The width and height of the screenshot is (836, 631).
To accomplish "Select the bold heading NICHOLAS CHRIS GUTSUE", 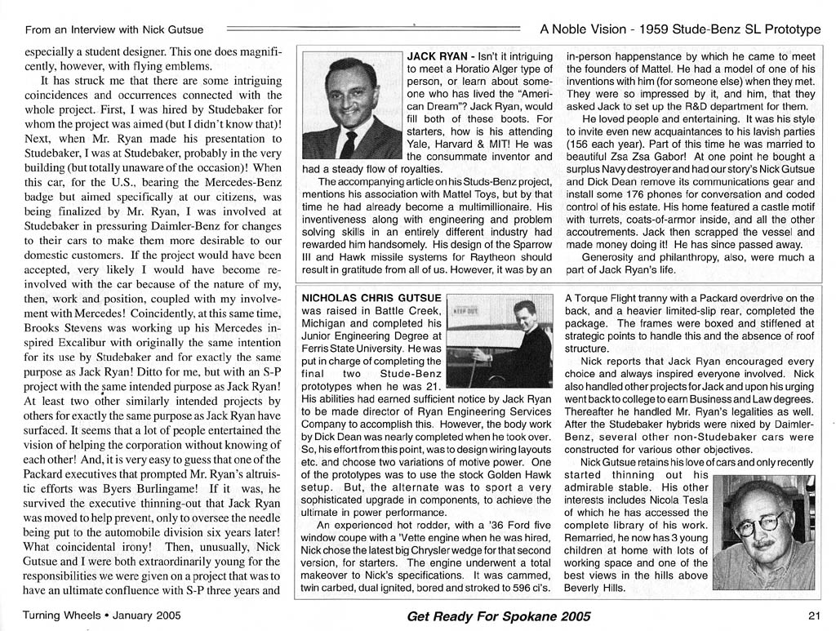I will (x=371, y=298).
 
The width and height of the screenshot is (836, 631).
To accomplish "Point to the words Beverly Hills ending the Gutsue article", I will (x=595, y=588).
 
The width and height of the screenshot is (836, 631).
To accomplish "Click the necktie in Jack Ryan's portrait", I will (x=349, y=144).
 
